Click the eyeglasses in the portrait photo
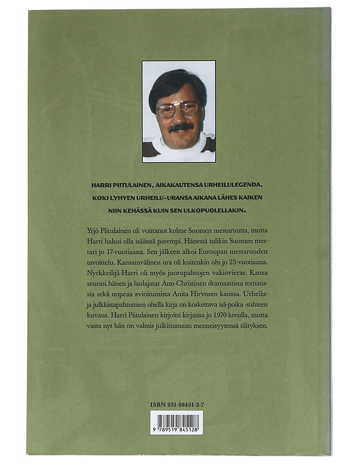178,108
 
